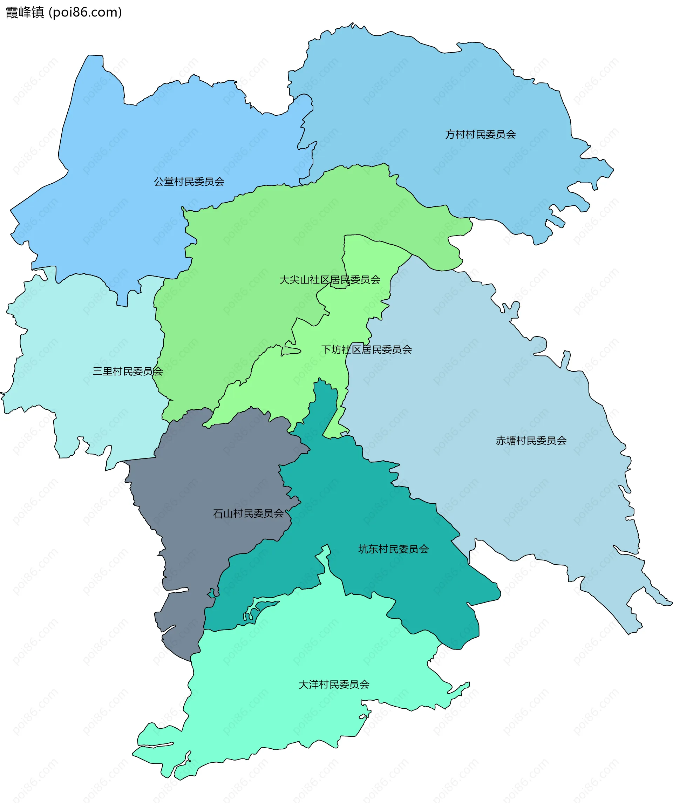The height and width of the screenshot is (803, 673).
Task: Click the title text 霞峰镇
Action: point(25,12)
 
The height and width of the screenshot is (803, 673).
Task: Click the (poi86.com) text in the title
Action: point(85,12)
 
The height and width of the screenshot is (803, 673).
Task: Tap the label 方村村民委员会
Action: point(480,134)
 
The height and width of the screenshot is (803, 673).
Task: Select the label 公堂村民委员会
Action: point(189,182)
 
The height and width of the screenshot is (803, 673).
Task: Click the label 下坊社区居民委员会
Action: point(366,349)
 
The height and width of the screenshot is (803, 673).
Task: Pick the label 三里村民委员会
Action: point(128,371)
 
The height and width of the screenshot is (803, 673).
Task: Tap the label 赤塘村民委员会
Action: point(531,441)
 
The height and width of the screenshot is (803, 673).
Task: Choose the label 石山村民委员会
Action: point(248,513)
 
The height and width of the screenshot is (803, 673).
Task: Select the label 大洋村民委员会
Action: point(334,685)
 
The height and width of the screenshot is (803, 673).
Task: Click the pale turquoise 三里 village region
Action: point(76,344)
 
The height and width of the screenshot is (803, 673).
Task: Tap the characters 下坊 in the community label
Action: point(331,349)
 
